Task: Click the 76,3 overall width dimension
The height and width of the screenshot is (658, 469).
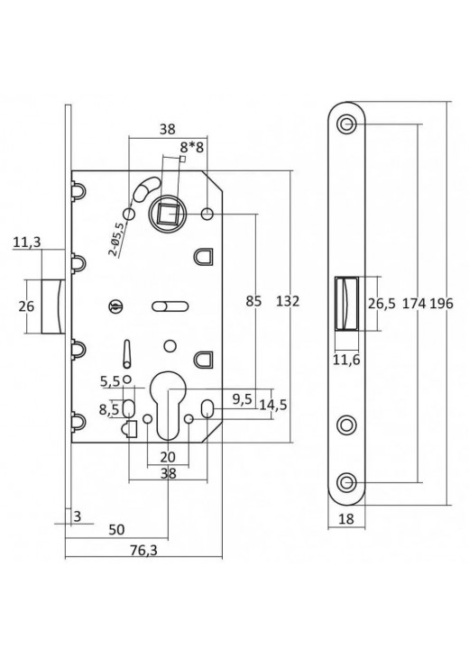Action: point(143,549)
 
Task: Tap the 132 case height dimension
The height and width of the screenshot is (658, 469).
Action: point(288,301)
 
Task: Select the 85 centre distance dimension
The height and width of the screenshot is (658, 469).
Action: point(253,301)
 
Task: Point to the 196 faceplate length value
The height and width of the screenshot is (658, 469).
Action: point(441,304)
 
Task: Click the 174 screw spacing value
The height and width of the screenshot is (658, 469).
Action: point(414,304)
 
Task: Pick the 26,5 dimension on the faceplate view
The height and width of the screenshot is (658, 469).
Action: point(382,304)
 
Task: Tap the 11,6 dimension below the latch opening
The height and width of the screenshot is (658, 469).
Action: point(347,360)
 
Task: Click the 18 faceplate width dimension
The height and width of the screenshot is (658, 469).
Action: point(346,519)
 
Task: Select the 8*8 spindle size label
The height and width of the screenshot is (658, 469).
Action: point(192,147)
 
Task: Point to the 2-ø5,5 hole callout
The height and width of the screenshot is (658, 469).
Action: point(116,239)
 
